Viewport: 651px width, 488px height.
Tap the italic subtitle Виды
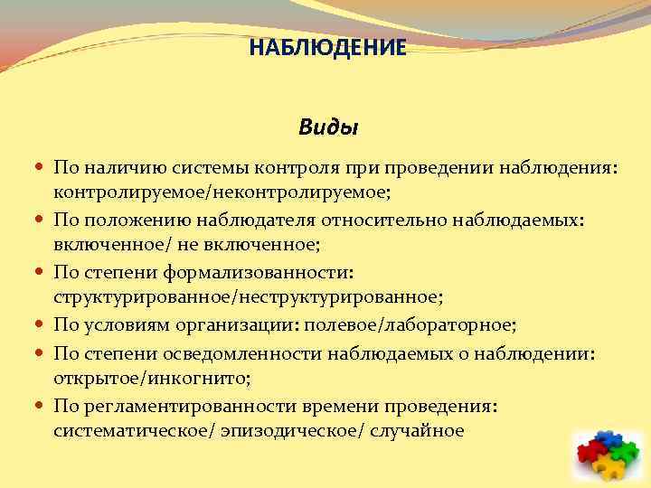click(328, 127)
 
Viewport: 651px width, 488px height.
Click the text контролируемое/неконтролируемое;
click(222, 192)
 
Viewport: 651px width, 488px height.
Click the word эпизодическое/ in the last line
click(288, 430)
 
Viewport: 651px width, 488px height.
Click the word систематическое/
click(134, 430)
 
